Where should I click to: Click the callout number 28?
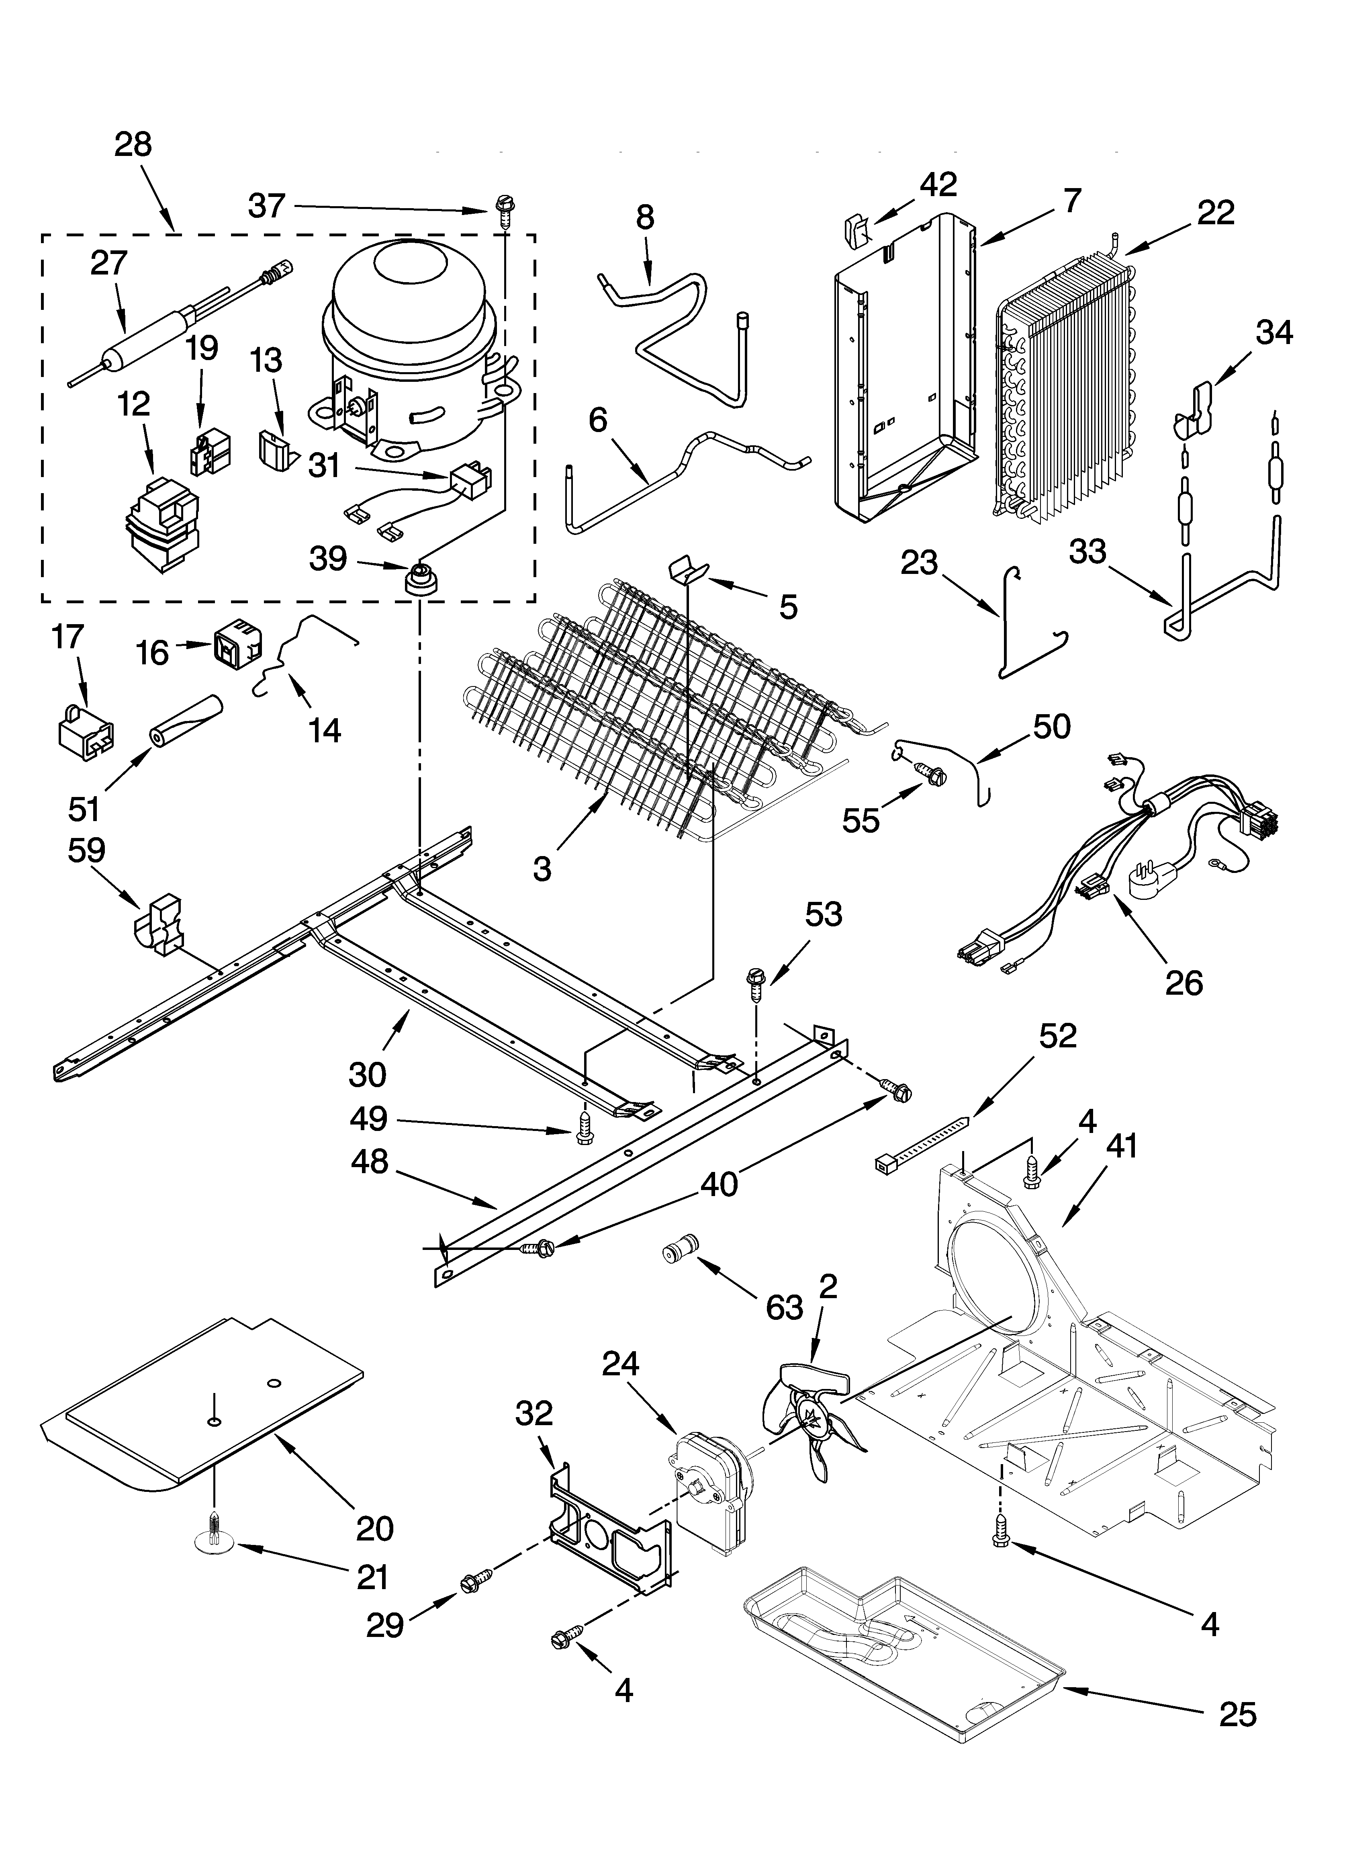133,145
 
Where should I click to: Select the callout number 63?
784,1307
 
